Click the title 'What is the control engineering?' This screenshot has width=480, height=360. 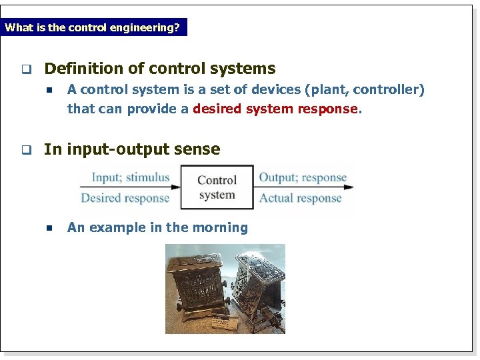point(92,28)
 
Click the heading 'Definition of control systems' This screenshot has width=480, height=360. point(159,69)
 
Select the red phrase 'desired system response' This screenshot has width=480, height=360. point(275,109)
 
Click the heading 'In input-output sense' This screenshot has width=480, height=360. point(132,149)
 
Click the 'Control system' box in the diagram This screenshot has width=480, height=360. point(217,187)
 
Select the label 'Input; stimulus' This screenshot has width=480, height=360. point(131,177)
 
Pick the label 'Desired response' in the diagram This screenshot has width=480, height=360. point(125,198)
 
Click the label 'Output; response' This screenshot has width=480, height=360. point(303,177)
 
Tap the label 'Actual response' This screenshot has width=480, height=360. point(300,198)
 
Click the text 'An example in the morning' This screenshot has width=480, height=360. point(157,227)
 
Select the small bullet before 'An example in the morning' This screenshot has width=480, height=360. point(49,228)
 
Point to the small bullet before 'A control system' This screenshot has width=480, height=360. point(49,90)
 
